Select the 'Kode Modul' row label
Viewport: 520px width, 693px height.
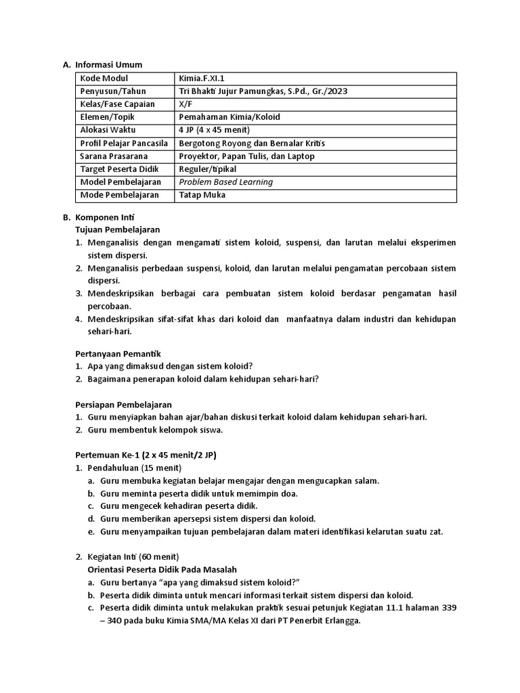(104, 79)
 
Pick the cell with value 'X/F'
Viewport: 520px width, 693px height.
(186, 104)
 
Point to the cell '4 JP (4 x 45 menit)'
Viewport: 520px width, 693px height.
(214, 130)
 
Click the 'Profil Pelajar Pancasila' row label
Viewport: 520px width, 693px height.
(124, 143)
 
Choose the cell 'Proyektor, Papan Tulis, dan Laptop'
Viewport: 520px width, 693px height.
(246, 156)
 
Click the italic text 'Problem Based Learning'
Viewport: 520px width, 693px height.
(225, 182)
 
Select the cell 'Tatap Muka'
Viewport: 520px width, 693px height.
(202, 195)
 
